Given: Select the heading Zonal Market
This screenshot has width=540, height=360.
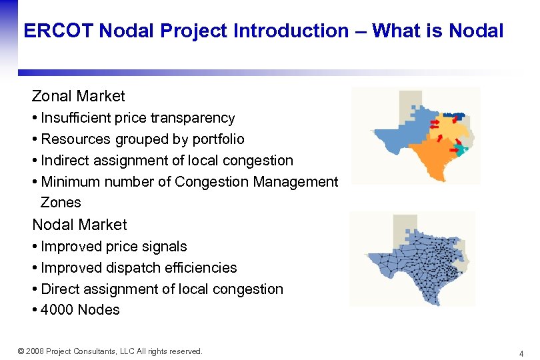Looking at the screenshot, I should click(x=79, y=96).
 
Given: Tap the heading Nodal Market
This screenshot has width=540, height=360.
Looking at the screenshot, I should click(x=79, y=225).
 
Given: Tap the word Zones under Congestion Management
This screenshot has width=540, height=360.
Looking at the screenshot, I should click(x=61, y=203).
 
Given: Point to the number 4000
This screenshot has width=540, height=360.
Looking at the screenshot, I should click(x=57, y=310).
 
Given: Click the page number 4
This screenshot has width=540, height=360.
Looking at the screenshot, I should click(x=521, y=353).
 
